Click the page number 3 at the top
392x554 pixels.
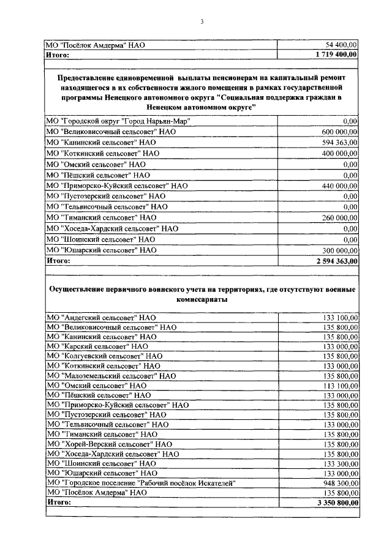point(201,23)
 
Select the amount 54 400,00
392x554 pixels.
point(342,45)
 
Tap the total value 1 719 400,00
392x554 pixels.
point(335,54)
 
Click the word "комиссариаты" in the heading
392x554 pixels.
point(201,300)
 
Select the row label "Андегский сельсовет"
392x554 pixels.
point(101,317)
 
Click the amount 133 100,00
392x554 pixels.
point(340,317)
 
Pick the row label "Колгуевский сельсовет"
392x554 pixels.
point(104,355)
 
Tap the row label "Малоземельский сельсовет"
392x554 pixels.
point(111,376)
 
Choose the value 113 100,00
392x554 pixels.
point(340,386)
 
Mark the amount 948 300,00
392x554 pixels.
point(340,482)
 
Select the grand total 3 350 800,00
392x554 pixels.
point(335,503)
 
